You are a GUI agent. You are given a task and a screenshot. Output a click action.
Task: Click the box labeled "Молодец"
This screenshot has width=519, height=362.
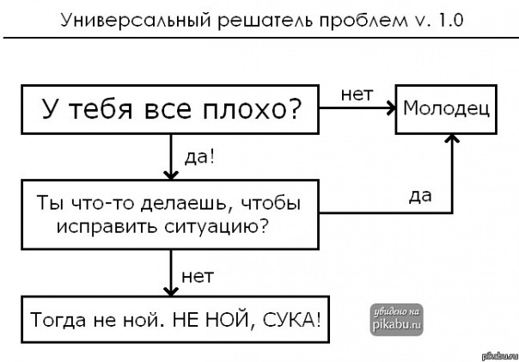446,109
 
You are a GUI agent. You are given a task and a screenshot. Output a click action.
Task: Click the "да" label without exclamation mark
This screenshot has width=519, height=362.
420,196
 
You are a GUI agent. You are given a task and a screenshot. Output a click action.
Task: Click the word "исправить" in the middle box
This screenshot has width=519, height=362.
97,225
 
